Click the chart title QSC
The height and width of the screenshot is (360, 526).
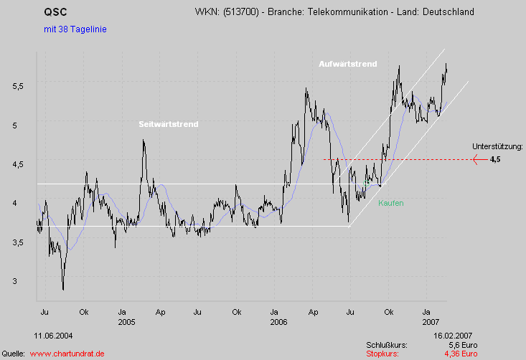(x=55, y=12)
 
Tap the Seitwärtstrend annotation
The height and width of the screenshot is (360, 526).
(x=168, y=124)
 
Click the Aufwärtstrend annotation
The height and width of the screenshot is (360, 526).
(x=348, y=64)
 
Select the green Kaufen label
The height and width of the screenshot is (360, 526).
(x=390, y=204)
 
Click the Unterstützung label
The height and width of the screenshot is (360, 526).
(x=497, y=146)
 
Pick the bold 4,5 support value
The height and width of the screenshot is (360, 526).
(x=495, y=160)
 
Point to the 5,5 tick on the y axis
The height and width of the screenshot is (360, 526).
(x=19, y=85)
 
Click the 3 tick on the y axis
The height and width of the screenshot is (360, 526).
(x=24, y=281)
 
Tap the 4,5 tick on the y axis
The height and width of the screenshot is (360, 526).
(x=19, y=164)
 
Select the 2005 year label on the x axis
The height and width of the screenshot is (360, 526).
(x=127, y=322)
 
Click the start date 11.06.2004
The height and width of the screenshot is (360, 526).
(x=52, y=335)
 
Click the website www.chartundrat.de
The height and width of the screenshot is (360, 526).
(x=67, y=354)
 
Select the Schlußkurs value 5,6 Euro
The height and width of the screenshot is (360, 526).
(x=463, y=345)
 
